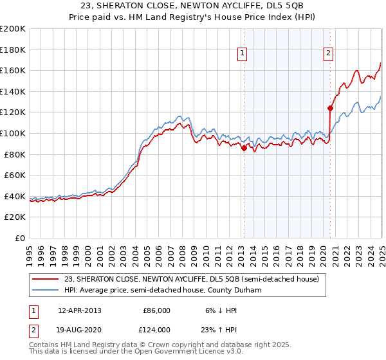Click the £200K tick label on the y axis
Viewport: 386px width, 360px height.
pos(13,29)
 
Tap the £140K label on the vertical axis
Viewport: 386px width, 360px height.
pos(13,91)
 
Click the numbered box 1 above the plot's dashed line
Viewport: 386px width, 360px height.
pos(243,54)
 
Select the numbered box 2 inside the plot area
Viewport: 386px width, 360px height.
pos(328,54)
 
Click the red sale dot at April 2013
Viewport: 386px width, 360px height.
pos(244,148)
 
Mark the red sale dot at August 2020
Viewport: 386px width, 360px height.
pos(330,108)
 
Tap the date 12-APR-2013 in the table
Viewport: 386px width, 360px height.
pos(80,310)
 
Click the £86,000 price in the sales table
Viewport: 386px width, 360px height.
pos(156,310)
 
